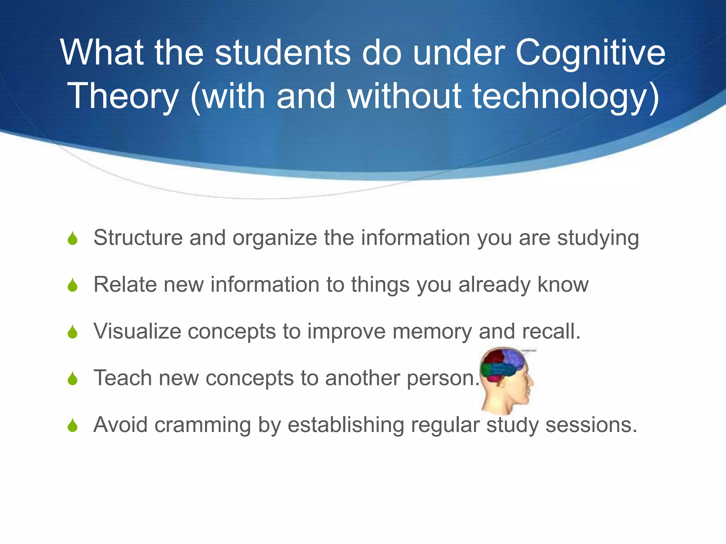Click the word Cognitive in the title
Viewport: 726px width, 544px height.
pyautogui.click(x=590, y=53)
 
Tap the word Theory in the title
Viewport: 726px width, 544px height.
pyautogui.click(x=123, y=96)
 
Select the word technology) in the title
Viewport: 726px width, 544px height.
pyautogui.click(x=566, y=96)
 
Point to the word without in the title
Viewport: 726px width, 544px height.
pyautogui.click(x=404, y=96)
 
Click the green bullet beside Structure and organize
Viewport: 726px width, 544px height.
pyautogui.click(x=73, y=238)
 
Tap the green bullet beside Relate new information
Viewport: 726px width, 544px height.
pyautogui.click(x=73, y=285)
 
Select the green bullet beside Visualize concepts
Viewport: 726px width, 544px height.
pyautogui.click(x=73, y=332)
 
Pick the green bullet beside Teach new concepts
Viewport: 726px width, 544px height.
pyautogui.click(x=73, y=379)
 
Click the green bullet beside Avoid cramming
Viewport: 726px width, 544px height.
pyautogui.click(x=73, y=425)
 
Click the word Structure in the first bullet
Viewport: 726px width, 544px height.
pyautogui.click(x=138, y=237)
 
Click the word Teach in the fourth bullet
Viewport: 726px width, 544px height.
pyautogui.click(x=123, y=378)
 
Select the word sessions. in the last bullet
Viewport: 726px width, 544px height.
pyautogui.click(x=591, y=425)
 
